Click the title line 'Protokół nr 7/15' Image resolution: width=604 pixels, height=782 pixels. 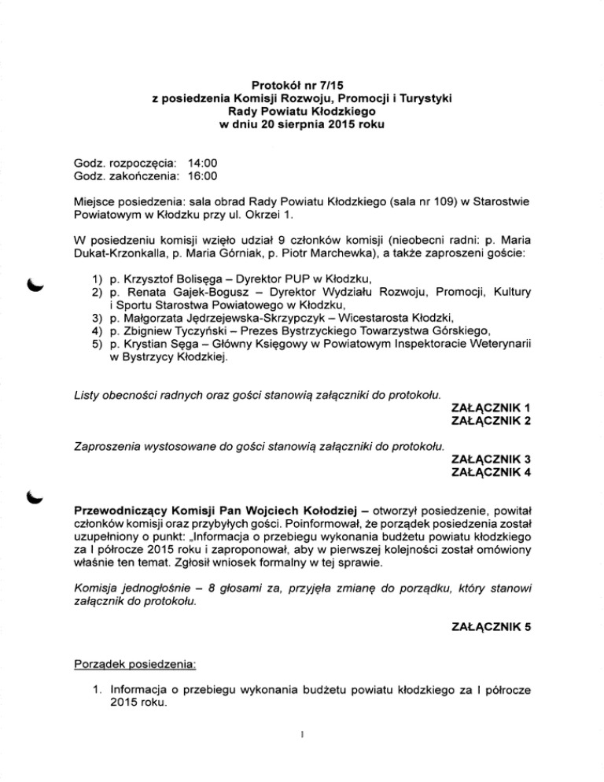[x=301, y=83]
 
